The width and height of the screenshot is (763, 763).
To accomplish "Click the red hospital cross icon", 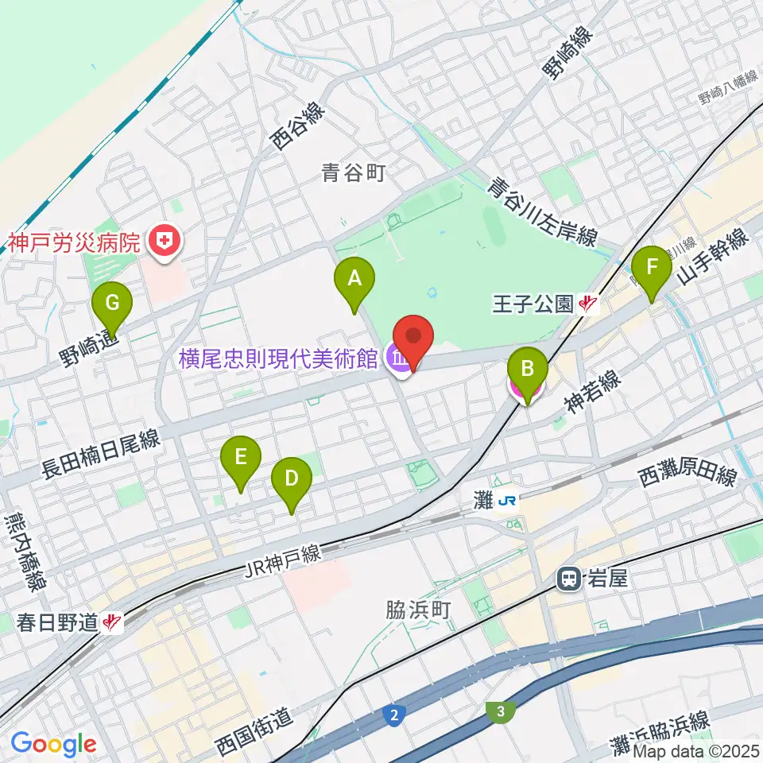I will click(x=167, y=238).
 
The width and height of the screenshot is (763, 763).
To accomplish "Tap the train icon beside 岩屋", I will click(x=569, y=579).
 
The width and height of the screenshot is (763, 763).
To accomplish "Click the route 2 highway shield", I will click(x=394, y=715).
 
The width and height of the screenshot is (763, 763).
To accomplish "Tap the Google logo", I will click(x=54, y=744).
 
